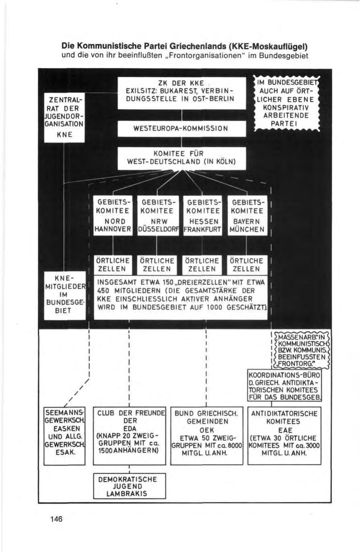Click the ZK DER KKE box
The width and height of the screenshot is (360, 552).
click(x=182, y=93)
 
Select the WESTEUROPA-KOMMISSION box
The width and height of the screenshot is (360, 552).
click(x=182, y=129)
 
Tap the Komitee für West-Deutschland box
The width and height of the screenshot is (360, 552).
click(x=182, y=158)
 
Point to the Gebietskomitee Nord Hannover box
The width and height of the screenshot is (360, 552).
click(x=113, y=215)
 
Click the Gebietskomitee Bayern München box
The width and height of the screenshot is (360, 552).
click(x=246, y=215)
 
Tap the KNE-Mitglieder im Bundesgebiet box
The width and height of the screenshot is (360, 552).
click(x=65, y=296)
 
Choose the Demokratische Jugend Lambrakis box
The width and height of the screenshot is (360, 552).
click(x=130, y=486)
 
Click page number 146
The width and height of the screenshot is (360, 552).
click(x=56, y=519)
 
